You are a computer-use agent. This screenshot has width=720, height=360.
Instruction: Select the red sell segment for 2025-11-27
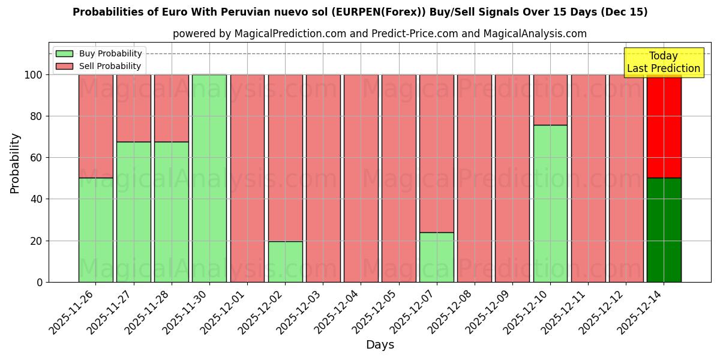click(133, 108)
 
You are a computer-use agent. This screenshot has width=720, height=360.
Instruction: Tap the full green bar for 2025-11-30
click(209, 178)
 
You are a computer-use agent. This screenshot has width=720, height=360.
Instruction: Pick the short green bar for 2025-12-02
click(285, 262)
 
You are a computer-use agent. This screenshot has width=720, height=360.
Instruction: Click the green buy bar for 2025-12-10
click(550, 203)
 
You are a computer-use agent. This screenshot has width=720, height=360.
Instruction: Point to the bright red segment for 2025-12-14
click(664, 126)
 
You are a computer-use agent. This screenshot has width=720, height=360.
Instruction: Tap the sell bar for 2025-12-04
click(361, 178)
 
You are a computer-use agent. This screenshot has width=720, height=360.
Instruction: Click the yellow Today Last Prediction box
click(663, 62)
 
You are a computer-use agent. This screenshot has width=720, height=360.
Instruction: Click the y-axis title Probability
click(15, 163)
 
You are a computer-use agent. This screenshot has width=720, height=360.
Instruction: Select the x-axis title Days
click(380, 345)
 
